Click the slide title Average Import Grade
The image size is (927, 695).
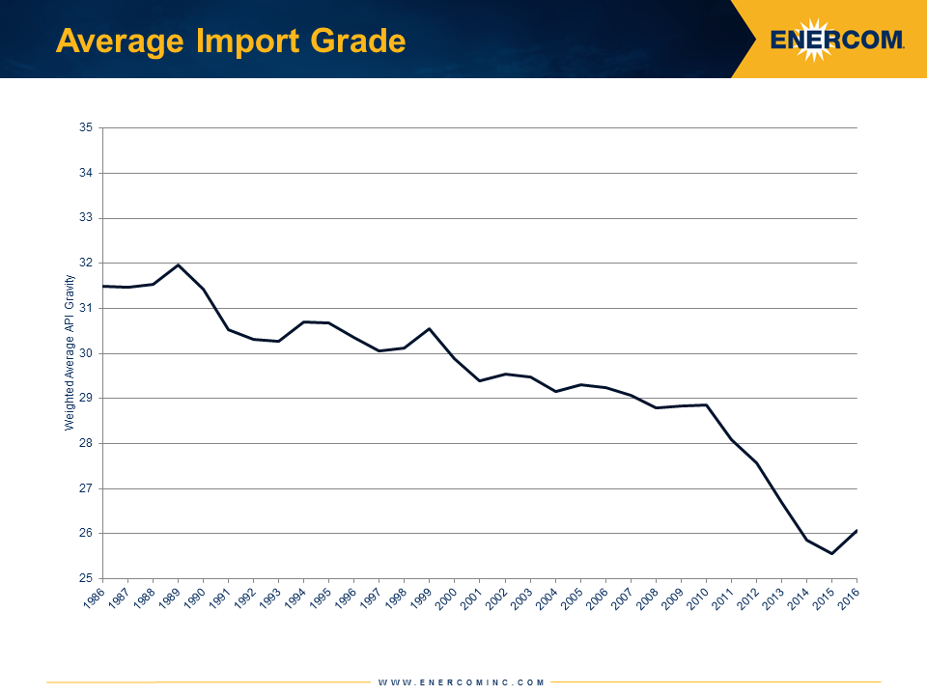pyautogui.click(x=230, y=42)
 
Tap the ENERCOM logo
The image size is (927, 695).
pyautogui.click(x=837, y=40)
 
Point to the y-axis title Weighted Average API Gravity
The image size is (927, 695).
pyautogui.click(x=70, y=352)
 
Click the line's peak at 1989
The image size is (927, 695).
pyautogui.click(x=179, y=264)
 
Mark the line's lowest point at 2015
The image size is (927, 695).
pyautogui.click(x=831, y=553)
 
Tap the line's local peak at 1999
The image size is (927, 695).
pyautogui.click(x=430, y=328)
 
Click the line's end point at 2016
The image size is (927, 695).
pyautogui.click(x=857, y=530)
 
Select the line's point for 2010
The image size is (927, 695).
pyautogui.click(x=706, y=404)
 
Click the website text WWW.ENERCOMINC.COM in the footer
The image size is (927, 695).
pyautogui.click(x=462, y=682)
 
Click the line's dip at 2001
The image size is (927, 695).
pyautogui.click(x=480, y=380)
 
